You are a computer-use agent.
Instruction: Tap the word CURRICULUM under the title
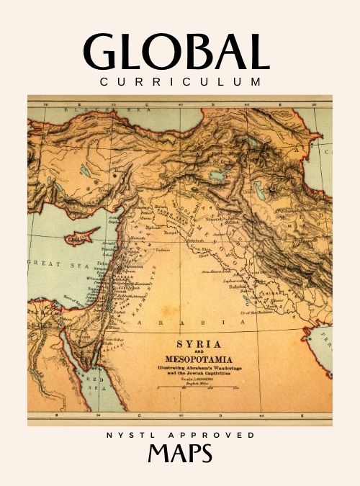(181, 82)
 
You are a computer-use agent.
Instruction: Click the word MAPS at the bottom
(180, 455)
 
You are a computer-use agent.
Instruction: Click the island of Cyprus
(81, 235)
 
